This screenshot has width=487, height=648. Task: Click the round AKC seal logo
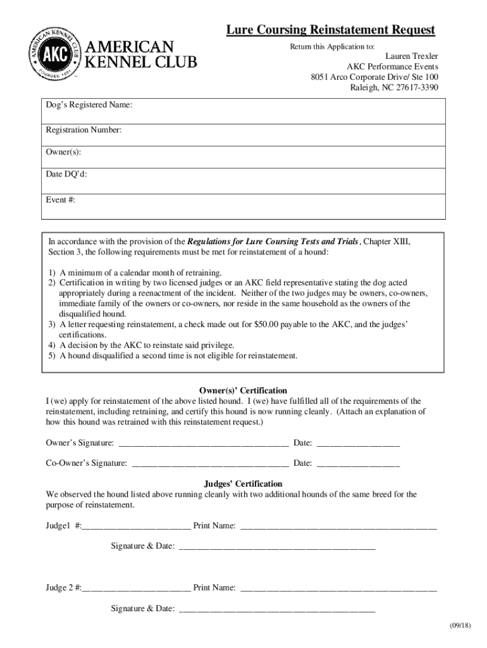tap(53, 54)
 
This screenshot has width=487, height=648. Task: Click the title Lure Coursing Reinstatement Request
tap(331, 30)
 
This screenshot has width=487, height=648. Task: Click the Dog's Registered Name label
tap(89, 104)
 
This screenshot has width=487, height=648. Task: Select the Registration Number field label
tap(83, 130)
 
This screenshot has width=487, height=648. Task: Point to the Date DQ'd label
tap(66, 174)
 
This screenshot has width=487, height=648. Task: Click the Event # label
tap(60, 199)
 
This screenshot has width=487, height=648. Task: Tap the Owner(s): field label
tap(63, 152)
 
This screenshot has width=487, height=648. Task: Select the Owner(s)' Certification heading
tap(243, 390)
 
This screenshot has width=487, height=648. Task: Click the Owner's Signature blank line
tap(204, 443)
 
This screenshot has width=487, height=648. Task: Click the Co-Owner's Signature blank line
tap(210, 464)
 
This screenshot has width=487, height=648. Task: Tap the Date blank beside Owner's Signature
tap(358, 443)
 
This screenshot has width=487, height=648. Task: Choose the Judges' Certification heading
tap(243, 484)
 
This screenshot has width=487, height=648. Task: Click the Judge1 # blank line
tap(136, 526)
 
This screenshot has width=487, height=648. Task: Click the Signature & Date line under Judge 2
tap(277, 609)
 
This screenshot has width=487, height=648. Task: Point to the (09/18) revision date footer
tap(460, 626)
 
